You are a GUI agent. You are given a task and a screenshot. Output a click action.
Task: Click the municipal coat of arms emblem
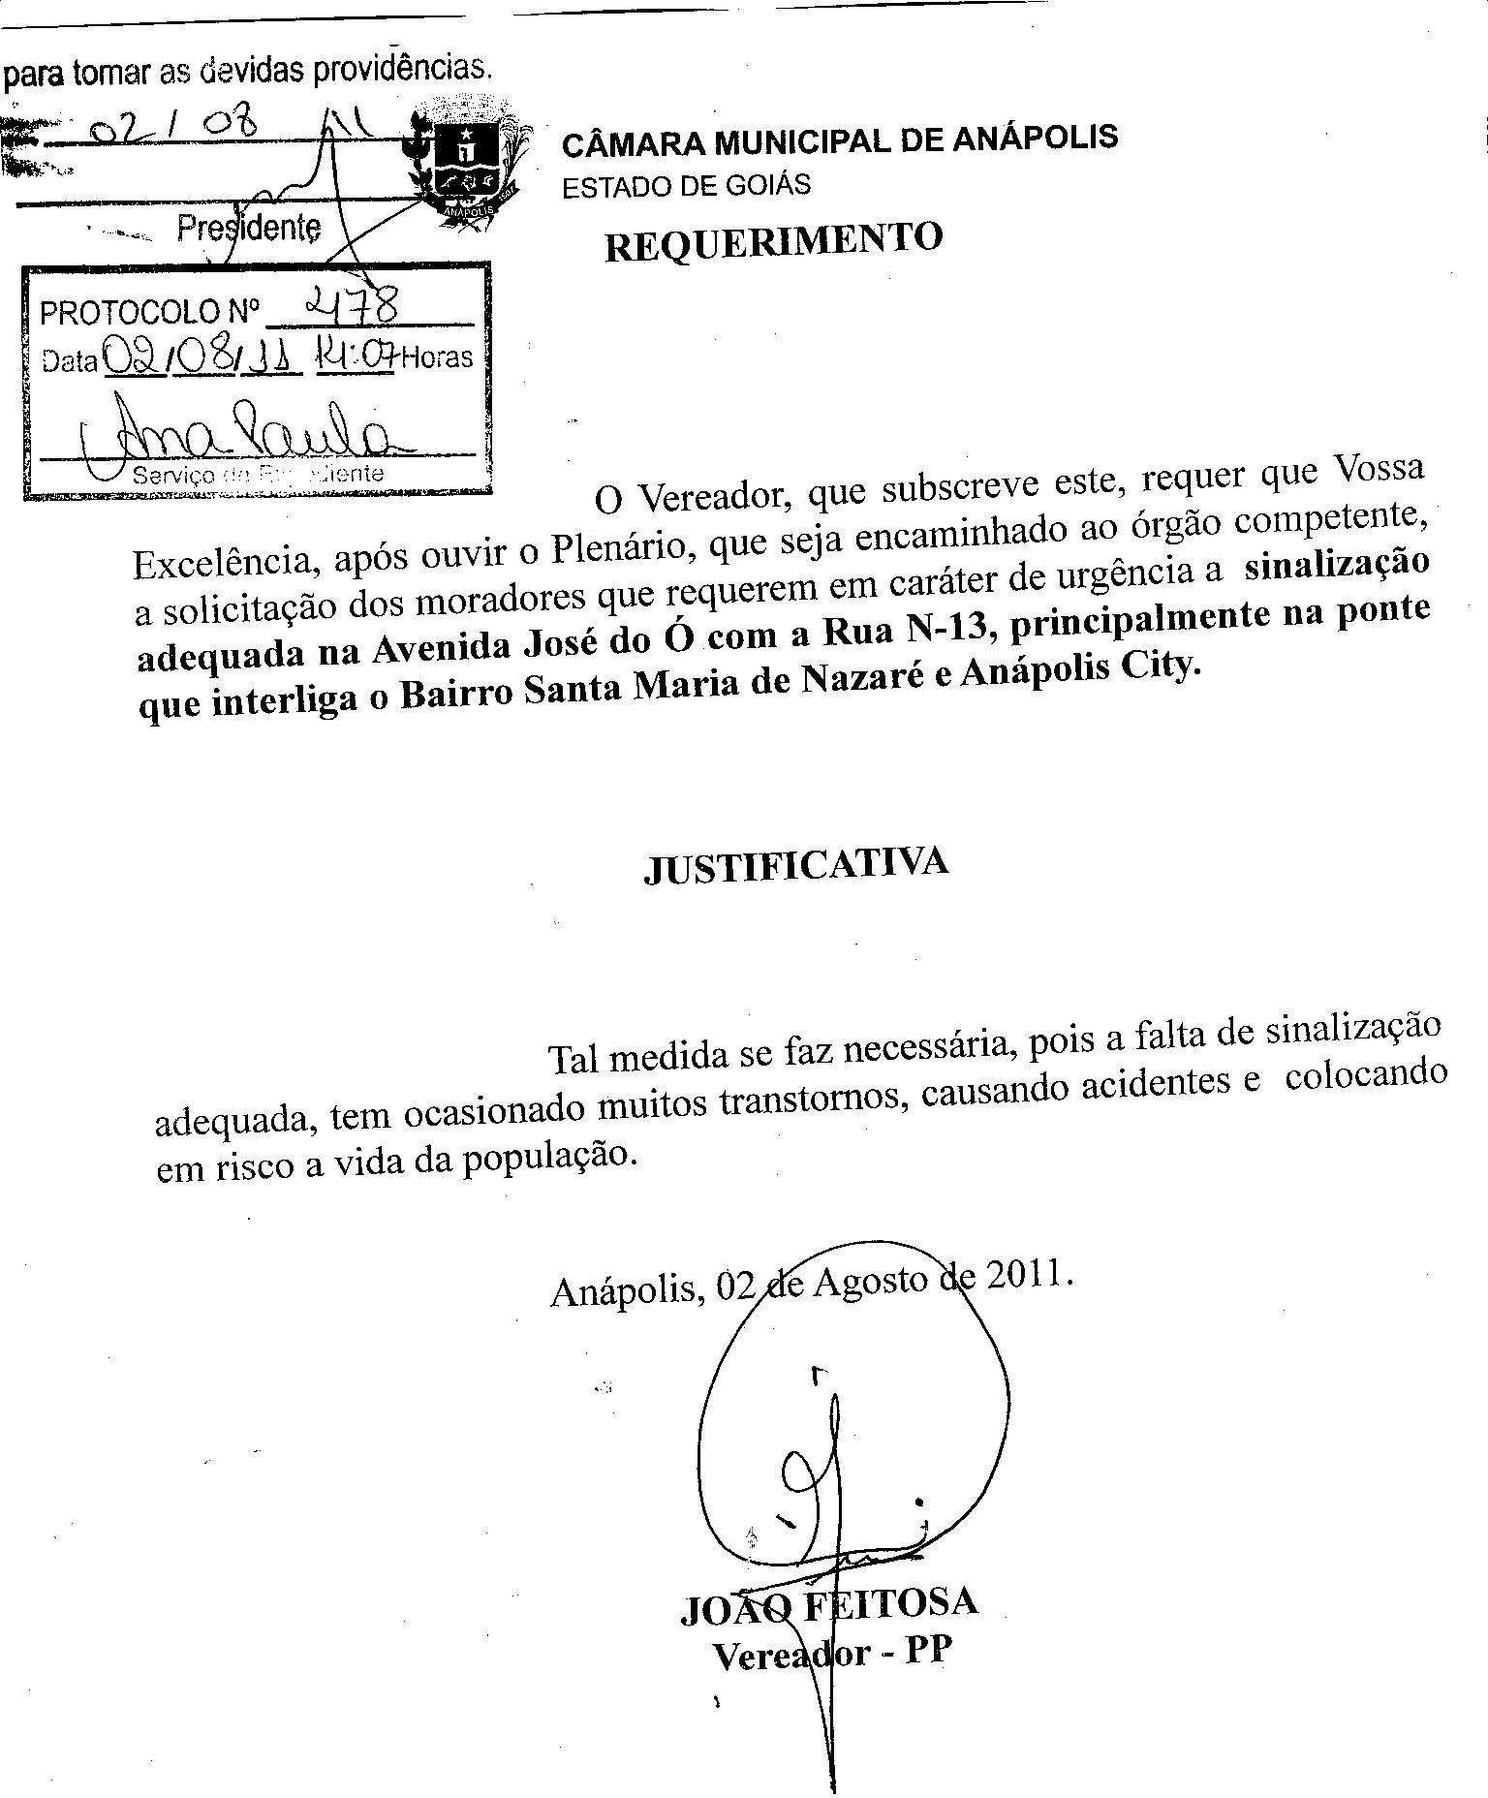468,163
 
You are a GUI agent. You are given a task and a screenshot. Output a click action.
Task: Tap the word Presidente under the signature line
249,229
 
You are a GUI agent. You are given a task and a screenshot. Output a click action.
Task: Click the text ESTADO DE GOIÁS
686,185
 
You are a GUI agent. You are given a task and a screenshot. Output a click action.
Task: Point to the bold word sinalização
1336,566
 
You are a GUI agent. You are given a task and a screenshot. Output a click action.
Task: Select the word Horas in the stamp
438,357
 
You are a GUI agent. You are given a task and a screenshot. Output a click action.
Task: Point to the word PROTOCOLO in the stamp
129,312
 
